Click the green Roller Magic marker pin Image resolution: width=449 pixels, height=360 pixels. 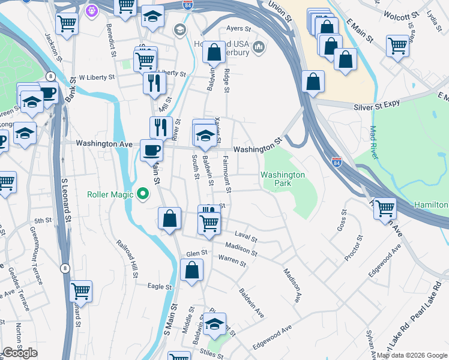(x=142, y=194)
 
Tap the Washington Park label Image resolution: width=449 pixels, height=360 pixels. (x=283, y=178)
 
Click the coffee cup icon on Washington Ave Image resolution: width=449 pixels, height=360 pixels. (x=151, y=149)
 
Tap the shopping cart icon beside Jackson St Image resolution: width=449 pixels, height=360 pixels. (x=67, y=23)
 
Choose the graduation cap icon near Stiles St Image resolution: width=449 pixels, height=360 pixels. (x=214, y=324)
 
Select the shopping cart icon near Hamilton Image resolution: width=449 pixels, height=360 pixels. (x=385, y=208)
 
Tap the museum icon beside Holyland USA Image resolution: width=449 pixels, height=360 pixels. (x=259, y=47)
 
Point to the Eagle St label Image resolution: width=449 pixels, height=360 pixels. (x=160, y=287)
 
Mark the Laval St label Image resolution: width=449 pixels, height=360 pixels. (x=246, y=238)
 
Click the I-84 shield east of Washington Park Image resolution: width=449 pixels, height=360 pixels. (x=337, y=162)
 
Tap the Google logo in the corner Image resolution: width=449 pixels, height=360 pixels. (x=20, y=353)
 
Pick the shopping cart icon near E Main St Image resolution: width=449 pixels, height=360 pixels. (x=397, y=45)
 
